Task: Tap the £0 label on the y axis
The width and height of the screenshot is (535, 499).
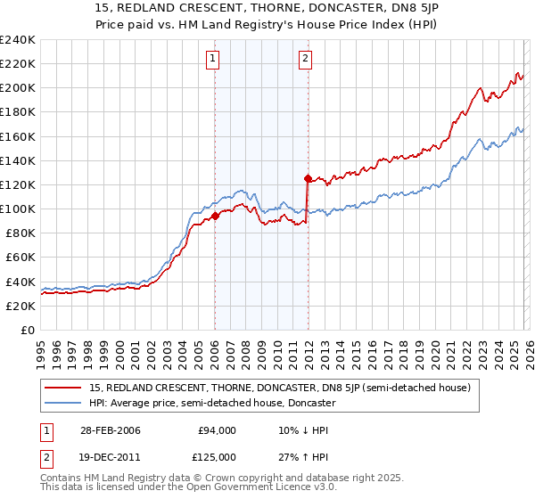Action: click(27, 330)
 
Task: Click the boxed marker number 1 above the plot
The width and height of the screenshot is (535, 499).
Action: click(214, 60)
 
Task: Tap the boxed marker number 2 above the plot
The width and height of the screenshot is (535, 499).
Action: click(305, 60)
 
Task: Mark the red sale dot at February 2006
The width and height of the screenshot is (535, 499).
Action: click(215, 216)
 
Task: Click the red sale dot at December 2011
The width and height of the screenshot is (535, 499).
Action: click(307, 178)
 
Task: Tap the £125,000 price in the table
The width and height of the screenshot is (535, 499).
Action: click(217, 457)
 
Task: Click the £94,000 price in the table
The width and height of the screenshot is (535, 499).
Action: click(217, 430)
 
